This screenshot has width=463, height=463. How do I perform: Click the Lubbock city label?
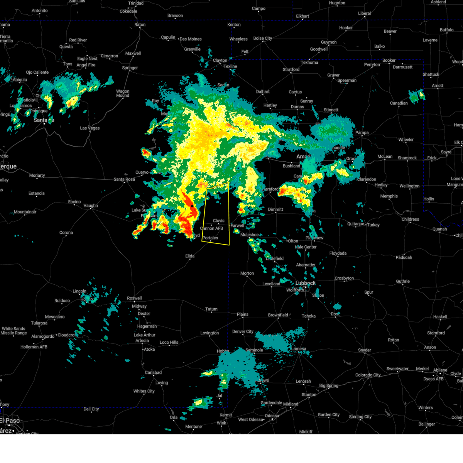tap(305, 283)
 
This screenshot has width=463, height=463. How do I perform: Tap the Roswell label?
tap(134, 298)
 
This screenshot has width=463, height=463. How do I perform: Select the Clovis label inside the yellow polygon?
tap(218, 221)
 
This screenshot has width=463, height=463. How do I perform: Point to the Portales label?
tap(210, 238)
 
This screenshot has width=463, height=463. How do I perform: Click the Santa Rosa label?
tap(124, 179)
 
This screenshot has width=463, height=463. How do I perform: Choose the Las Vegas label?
tap(90, 128)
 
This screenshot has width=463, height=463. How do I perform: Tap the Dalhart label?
tap(263, 92)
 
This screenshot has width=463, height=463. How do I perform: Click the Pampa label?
tap(362, 133)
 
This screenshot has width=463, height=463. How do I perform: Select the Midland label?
tap(291, 404)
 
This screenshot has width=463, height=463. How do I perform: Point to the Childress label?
tap(410, 219)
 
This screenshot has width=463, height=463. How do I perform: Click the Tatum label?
tap(211, 309)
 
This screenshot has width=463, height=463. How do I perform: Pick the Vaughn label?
tap(91, 206)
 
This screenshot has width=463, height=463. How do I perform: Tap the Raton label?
tap(140, 25)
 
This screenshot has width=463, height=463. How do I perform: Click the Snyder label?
tap(365, 350)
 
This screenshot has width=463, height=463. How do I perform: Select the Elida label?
tap(190, 256)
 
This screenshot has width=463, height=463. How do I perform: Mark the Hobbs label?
tap(223, 351)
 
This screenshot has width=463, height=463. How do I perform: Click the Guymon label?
tap(329, 42)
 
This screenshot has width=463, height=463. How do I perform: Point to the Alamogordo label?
tap(43, 336)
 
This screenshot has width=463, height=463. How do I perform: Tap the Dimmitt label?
tap(275, 210)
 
